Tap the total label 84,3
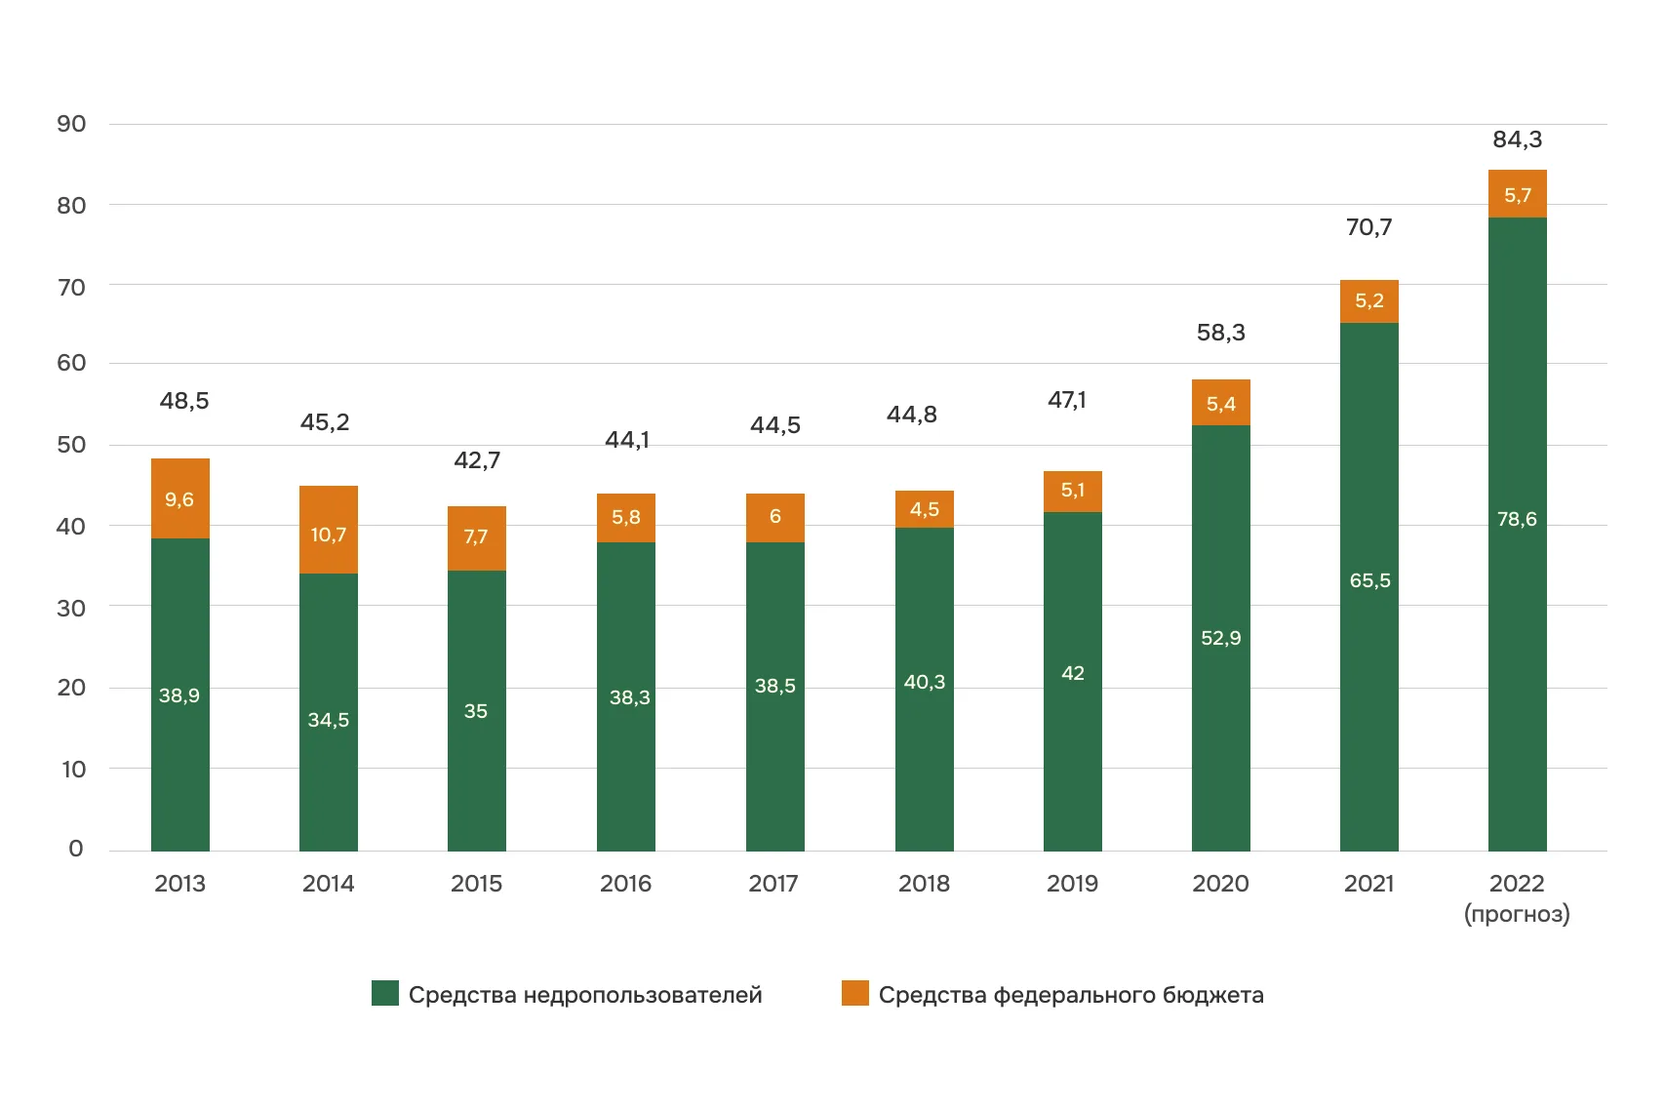pos(1517,139)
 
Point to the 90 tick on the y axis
pos(71,124)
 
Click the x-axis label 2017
pos(773,884)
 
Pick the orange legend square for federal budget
pos(854,993)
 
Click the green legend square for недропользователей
pos(385,993)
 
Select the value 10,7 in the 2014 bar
pos(329,535)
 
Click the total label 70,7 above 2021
pos(1368,227)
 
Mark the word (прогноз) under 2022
pos(1517,914)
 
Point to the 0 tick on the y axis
pos(75,849)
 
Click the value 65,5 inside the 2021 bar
pos(1369,580)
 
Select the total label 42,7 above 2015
pos(477,460)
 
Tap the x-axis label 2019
pos(1072,884)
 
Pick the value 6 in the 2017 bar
pos(774,516)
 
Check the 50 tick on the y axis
pos(71,445)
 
